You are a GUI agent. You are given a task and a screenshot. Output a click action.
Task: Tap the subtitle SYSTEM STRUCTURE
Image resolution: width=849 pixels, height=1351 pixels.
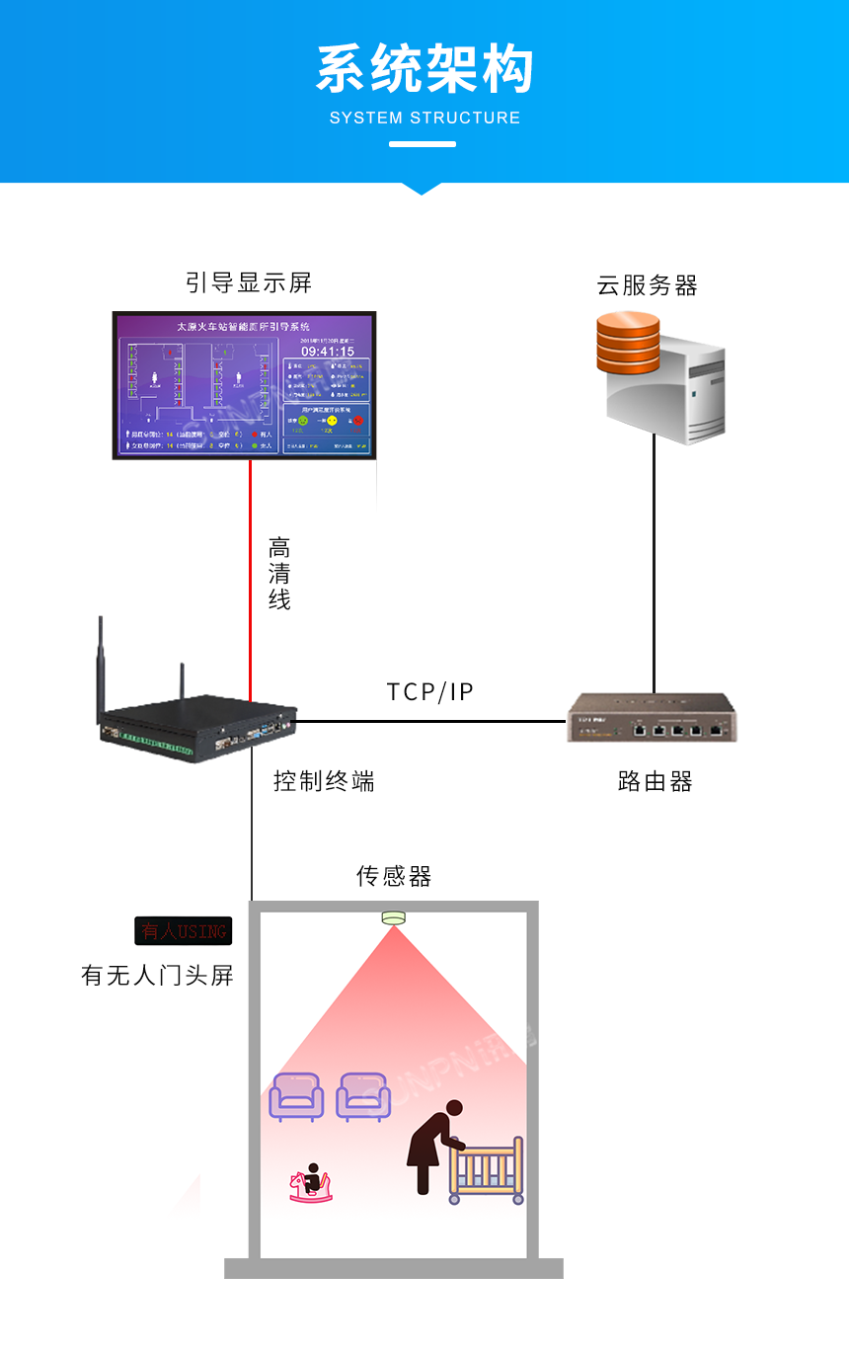tap(424, 118)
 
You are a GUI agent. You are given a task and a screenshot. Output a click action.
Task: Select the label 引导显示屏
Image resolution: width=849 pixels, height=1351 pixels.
tap(249, 283)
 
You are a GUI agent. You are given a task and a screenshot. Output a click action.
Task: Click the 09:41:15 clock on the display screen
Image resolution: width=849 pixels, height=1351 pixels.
tap(327, 351)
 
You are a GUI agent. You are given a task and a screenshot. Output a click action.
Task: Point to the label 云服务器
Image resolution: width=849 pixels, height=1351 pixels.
tap(647, 286)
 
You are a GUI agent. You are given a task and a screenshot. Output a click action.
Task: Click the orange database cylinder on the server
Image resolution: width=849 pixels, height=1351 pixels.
tap(628, 341)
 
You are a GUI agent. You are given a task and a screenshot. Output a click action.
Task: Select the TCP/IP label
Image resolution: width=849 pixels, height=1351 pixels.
tap(429, 691)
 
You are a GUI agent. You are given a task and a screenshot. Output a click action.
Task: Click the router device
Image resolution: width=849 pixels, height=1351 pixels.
tap(653, 718)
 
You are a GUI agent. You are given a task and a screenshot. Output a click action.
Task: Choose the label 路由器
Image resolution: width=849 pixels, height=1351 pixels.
tap(655, 782)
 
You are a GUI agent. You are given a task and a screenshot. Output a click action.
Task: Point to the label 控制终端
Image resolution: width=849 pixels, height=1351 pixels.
tap(324, 782)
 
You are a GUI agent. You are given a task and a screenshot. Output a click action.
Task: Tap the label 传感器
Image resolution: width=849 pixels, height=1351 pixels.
tap(394, 876)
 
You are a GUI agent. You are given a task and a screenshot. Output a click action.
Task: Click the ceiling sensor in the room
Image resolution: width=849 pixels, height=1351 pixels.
tap(394, 917)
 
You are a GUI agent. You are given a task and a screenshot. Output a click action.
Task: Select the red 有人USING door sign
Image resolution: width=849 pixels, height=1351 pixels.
tap(183, 930)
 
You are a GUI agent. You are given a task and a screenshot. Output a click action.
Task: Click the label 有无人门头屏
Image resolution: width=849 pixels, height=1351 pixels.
tap(157, 976)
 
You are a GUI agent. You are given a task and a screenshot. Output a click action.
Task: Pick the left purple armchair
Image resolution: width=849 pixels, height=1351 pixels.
tap(296, 1096)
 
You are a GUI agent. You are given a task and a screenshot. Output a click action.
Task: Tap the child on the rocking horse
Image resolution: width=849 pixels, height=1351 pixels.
tap(311, 1183)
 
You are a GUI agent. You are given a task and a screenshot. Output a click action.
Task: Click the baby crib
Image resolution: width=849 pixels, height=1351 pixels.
tap(486, 1170)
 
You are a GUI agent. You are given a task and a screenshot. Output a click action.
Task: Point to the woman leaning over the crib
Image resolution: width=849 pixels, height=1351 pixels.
tap(432, 1146)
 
